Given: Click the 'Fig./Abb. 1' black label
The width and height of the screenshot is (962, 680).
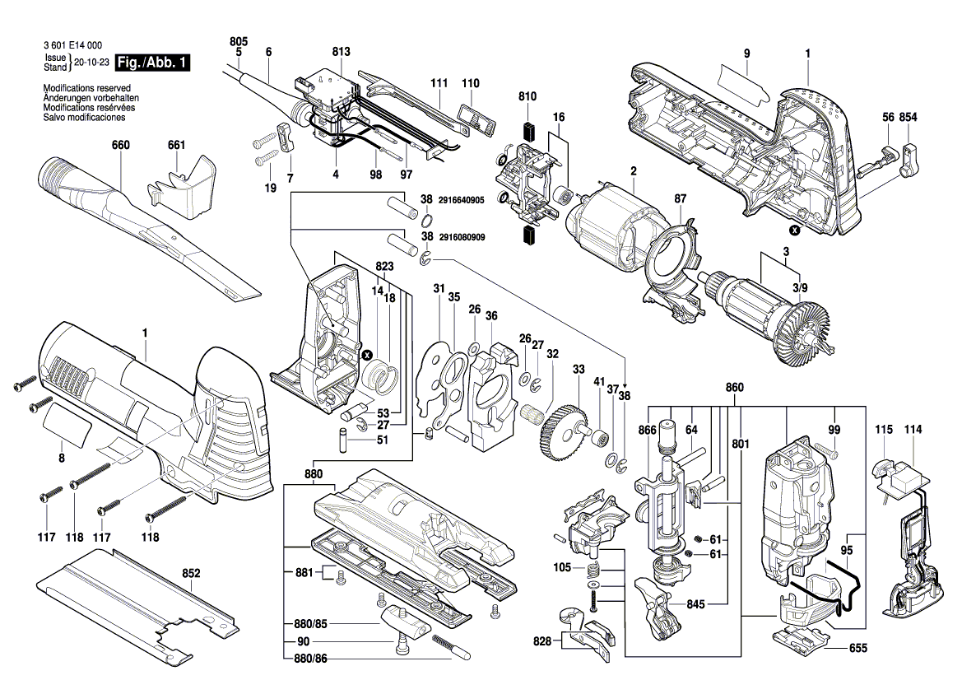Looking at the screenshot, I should (x=153, y=63).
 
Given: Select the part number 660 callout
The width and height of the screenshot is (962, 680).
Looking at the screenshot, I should (x=121, y=146).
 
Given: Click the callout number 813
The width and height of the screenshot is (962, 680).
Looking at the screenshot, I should (x=341, y=52).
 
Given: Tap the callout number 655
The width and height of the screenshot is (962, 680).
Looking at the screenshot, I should (x=857, y=648).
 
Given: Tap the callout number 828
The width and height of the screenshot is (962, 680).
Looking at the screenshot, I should (x=540, y=640).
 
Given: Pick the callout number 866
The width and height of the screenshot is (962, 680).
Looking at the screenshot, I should (x=648, y=429).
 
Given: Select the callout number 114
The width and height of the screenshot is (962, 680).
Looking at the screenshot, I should (x=913, y=430).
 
